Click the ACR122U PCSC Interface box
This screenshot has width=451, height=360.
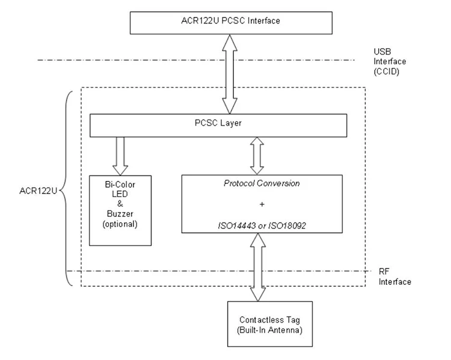pyautogui.click(x=231, y=23)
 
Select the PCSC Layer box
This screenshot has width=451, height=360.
pyautogui.click(x=218, y=126)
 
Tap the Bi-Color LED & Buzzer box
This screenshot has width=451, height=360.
pyautogui.click(x=120, y=210)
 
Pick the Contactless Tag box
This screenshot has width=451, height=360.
pyautogui.click(x=270, y=324)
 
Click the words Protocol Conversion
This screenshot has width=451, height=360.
pyautogui.click(x=262, y=183)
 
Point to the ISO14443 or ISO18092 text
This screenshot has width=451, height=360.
pyautogui.click(x=262, y=225)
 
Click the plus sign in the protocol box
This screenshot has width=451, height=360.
pyautogui.click(x=262, y=204)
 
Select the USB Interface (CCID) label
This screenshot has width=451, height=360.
pyautogui.click(x=390, y=61)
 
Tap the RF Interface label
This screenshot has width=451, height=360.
pyautogui.click(x=394, y=276)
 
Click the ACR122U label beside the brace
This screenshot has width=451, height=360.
pyautogui.click(x=38, y=191)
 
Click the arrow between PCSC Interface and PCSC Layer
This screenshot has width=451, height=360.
pyautogui.click(x=230, y=74)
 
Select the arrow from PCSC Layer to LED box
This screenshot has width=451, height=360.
pyautogui.click(x=120, y=156)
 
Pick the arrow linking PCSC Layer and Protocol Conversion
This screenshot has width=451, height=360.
pyautogui.click(x=257, y=156)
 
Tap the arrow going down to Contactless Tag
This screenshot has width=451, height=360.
pyautogui.click(x=258, y=267)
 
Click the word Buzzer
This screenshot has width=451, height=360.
pyautogui.click(x=120, y=214)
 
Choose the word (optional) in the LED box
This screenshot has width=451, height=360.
pyautogui.click(x=120, y=224)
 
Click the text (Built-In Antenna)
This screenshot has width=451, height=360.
pyautogui.click(x=269, y=330)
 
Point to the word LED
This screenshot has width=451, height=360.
pyautogui.click(x=120, y=194)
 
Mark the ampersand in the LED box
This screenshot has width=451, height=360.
pyautogui.click(x=120, y=204)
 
